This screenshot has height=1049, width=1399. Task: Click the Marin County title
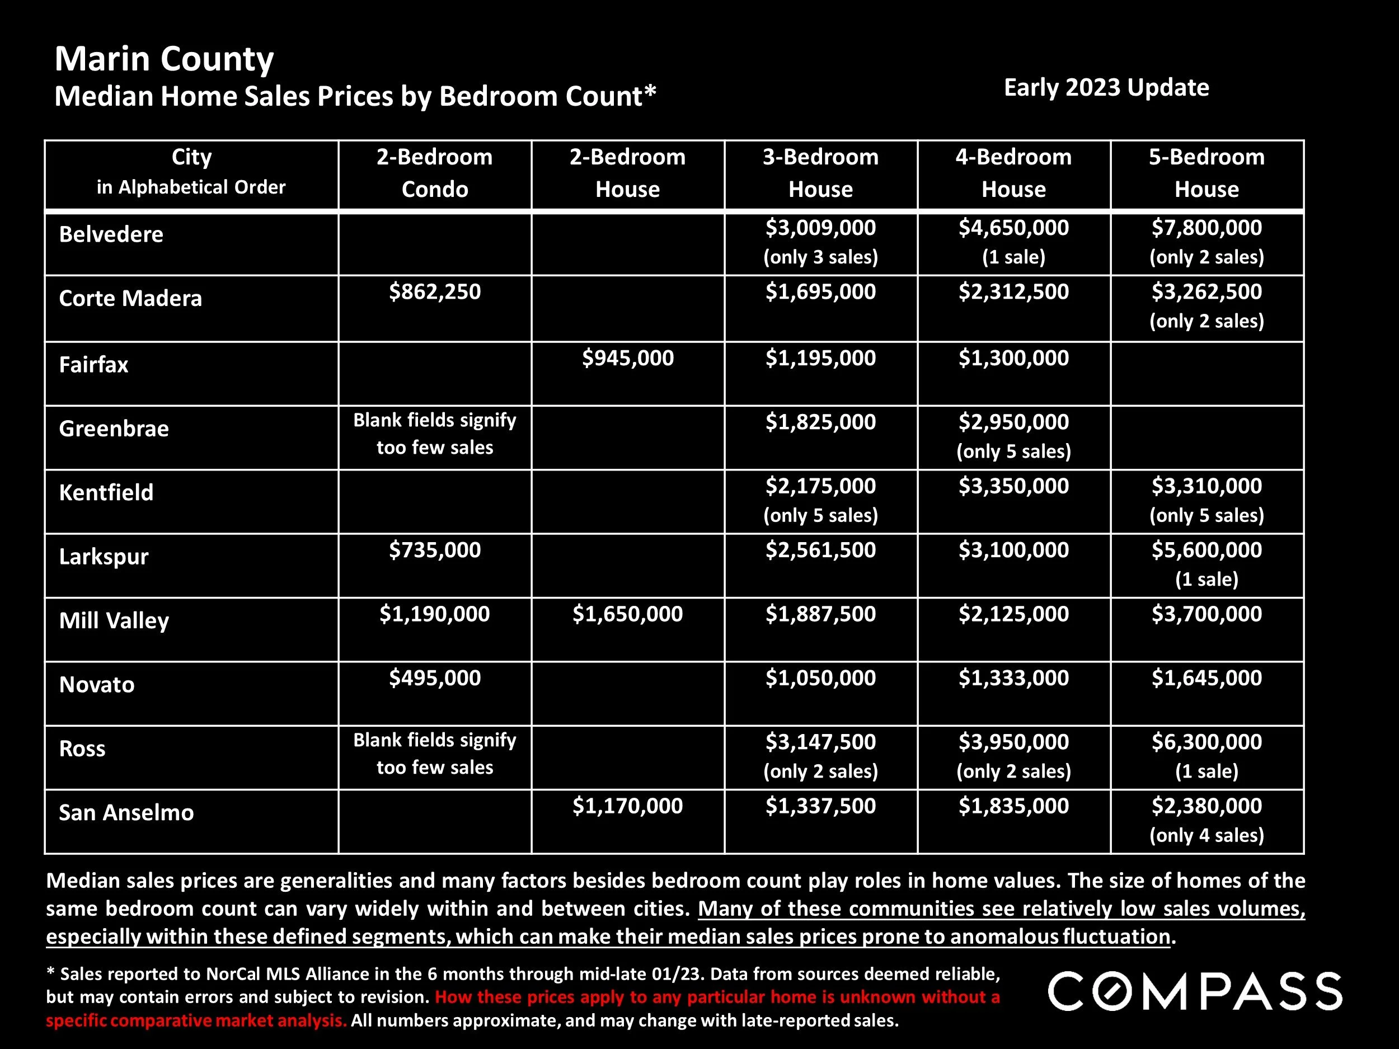[x=164, y=59]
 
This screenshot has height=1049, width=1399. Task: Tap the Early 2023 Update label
[x=1106, y=87]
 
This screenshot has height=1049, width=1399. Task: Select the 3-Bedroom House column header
[x=820, y=173]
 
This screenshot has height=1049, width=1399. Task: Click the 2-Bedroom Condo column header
[x=434, y=173]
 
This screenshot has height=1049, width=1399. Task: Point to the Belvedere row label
[x=111, y=234]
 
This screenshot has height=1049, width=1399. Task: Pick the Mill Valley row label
[x=114, y=620]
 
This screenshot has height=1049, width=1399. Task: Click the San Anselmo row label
[x=126, y=812]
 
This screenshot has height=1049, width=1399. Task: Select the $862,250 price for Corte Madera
[x=434, y=291]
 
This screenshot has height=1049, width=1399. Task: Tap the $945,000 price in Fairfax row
[x=627, y=358]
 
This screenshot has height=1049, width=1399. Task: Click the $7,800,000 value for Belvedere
[x=1206, y=228]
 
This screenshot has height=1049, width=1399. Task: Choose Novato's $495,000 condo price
[x=434, y=678]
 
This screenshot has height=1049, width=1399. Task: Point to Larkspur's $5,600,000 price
[x=1206, y=550]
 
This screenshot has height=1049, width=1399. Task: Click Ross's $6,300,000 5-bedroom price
[x=1206, y=742]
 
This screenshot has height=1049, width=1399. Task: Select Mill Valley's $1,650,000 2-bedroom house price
[x=627, y=614]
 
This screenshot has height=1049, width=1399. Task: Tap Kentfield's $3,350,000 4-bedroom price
[x=1013, y=486]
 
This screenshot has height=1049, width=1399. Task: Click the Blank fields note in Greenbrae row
[x=434, y=434]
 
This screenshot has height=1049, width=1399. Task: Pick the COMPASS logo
[x=1195, y=991]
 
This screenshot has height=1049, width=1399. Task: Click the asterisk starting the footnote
[x=50, y=972]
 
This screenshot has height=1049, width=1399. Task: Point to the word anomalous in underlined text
[x=1004, y=937]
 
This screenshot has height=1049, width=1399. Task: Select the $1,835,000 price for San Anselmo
[x=1013, y=806]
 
